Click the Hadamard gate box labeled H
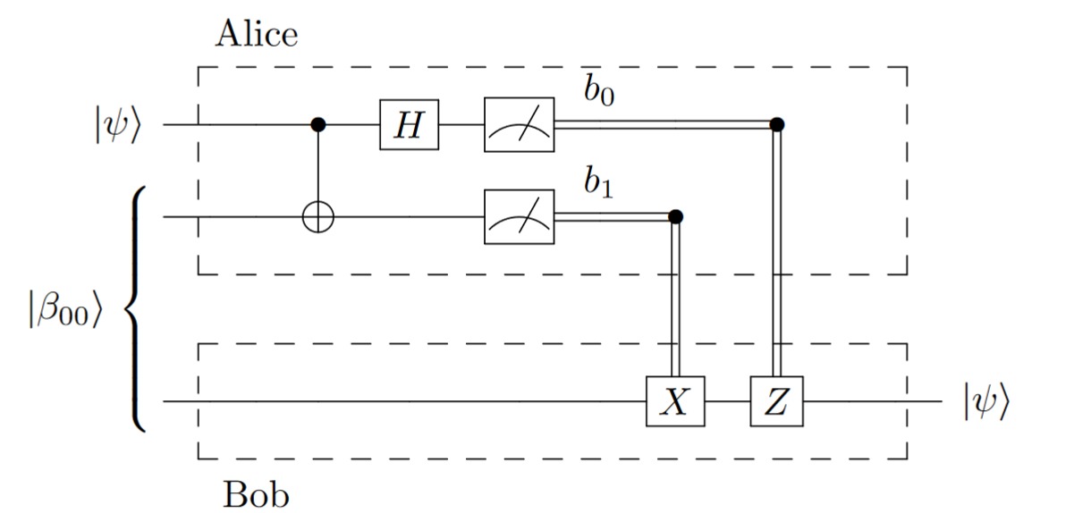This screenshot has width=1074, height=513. pyautogui.click(x=409, y=125)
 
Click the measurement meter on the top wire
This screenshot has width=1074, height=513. pyautogui.click(x=519, y=125)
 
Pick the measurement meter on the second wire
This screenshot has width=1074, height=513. pyautogui.click(x=519, y=216)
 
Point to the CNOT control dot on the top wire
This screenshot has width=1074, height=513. pyautogui.click(x=317, y=125)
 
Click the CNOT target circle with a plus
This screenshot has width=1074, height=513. pyautogui.click(x=317, y=216)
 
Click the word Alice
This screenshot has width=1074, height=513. pyautogui.click(x=257, y=35)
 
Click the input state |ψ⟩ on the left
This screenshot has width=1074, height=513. pyautogui.click(x=115, y=126)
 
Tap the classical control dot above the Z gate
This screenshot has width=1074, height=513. pyautogui.click(x=776, y=124)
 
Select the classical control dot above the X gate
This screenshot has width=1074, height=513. pyautogui.click(x=675, y=216)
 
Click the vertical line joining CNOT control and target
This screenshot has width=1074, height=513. pyautogui.click(x=317, y=170)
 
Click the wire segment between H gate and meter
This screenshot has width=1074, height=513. pyautogui.click(x=461, y=125)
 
